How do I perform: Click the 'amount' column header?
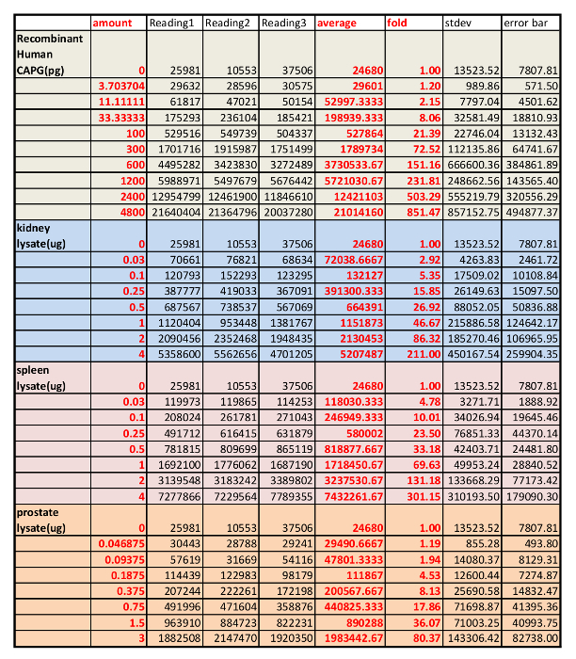pos(110,22)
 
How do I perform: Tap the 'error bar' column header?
pos(527,22)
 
